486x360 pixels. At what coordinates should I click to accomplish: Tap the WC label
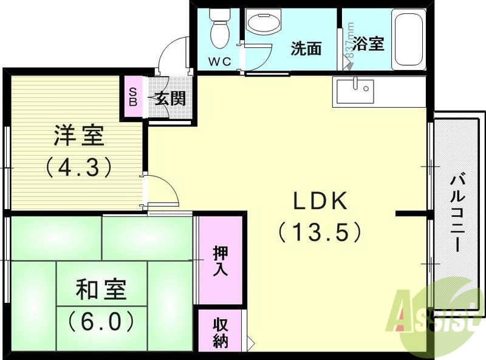(219, 61)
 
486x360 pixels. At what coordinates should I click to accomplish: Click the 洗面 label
(305, 49)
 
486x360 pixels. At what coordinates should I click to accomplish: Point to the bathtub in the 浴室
(410, 40)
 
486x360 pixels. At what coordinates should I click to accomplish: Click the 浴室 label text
(369, 44)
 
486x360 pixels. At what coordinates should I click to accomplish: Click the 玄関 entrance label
(169, 99)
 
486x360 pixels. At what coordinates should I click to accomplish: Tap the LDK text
(320, 201)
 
